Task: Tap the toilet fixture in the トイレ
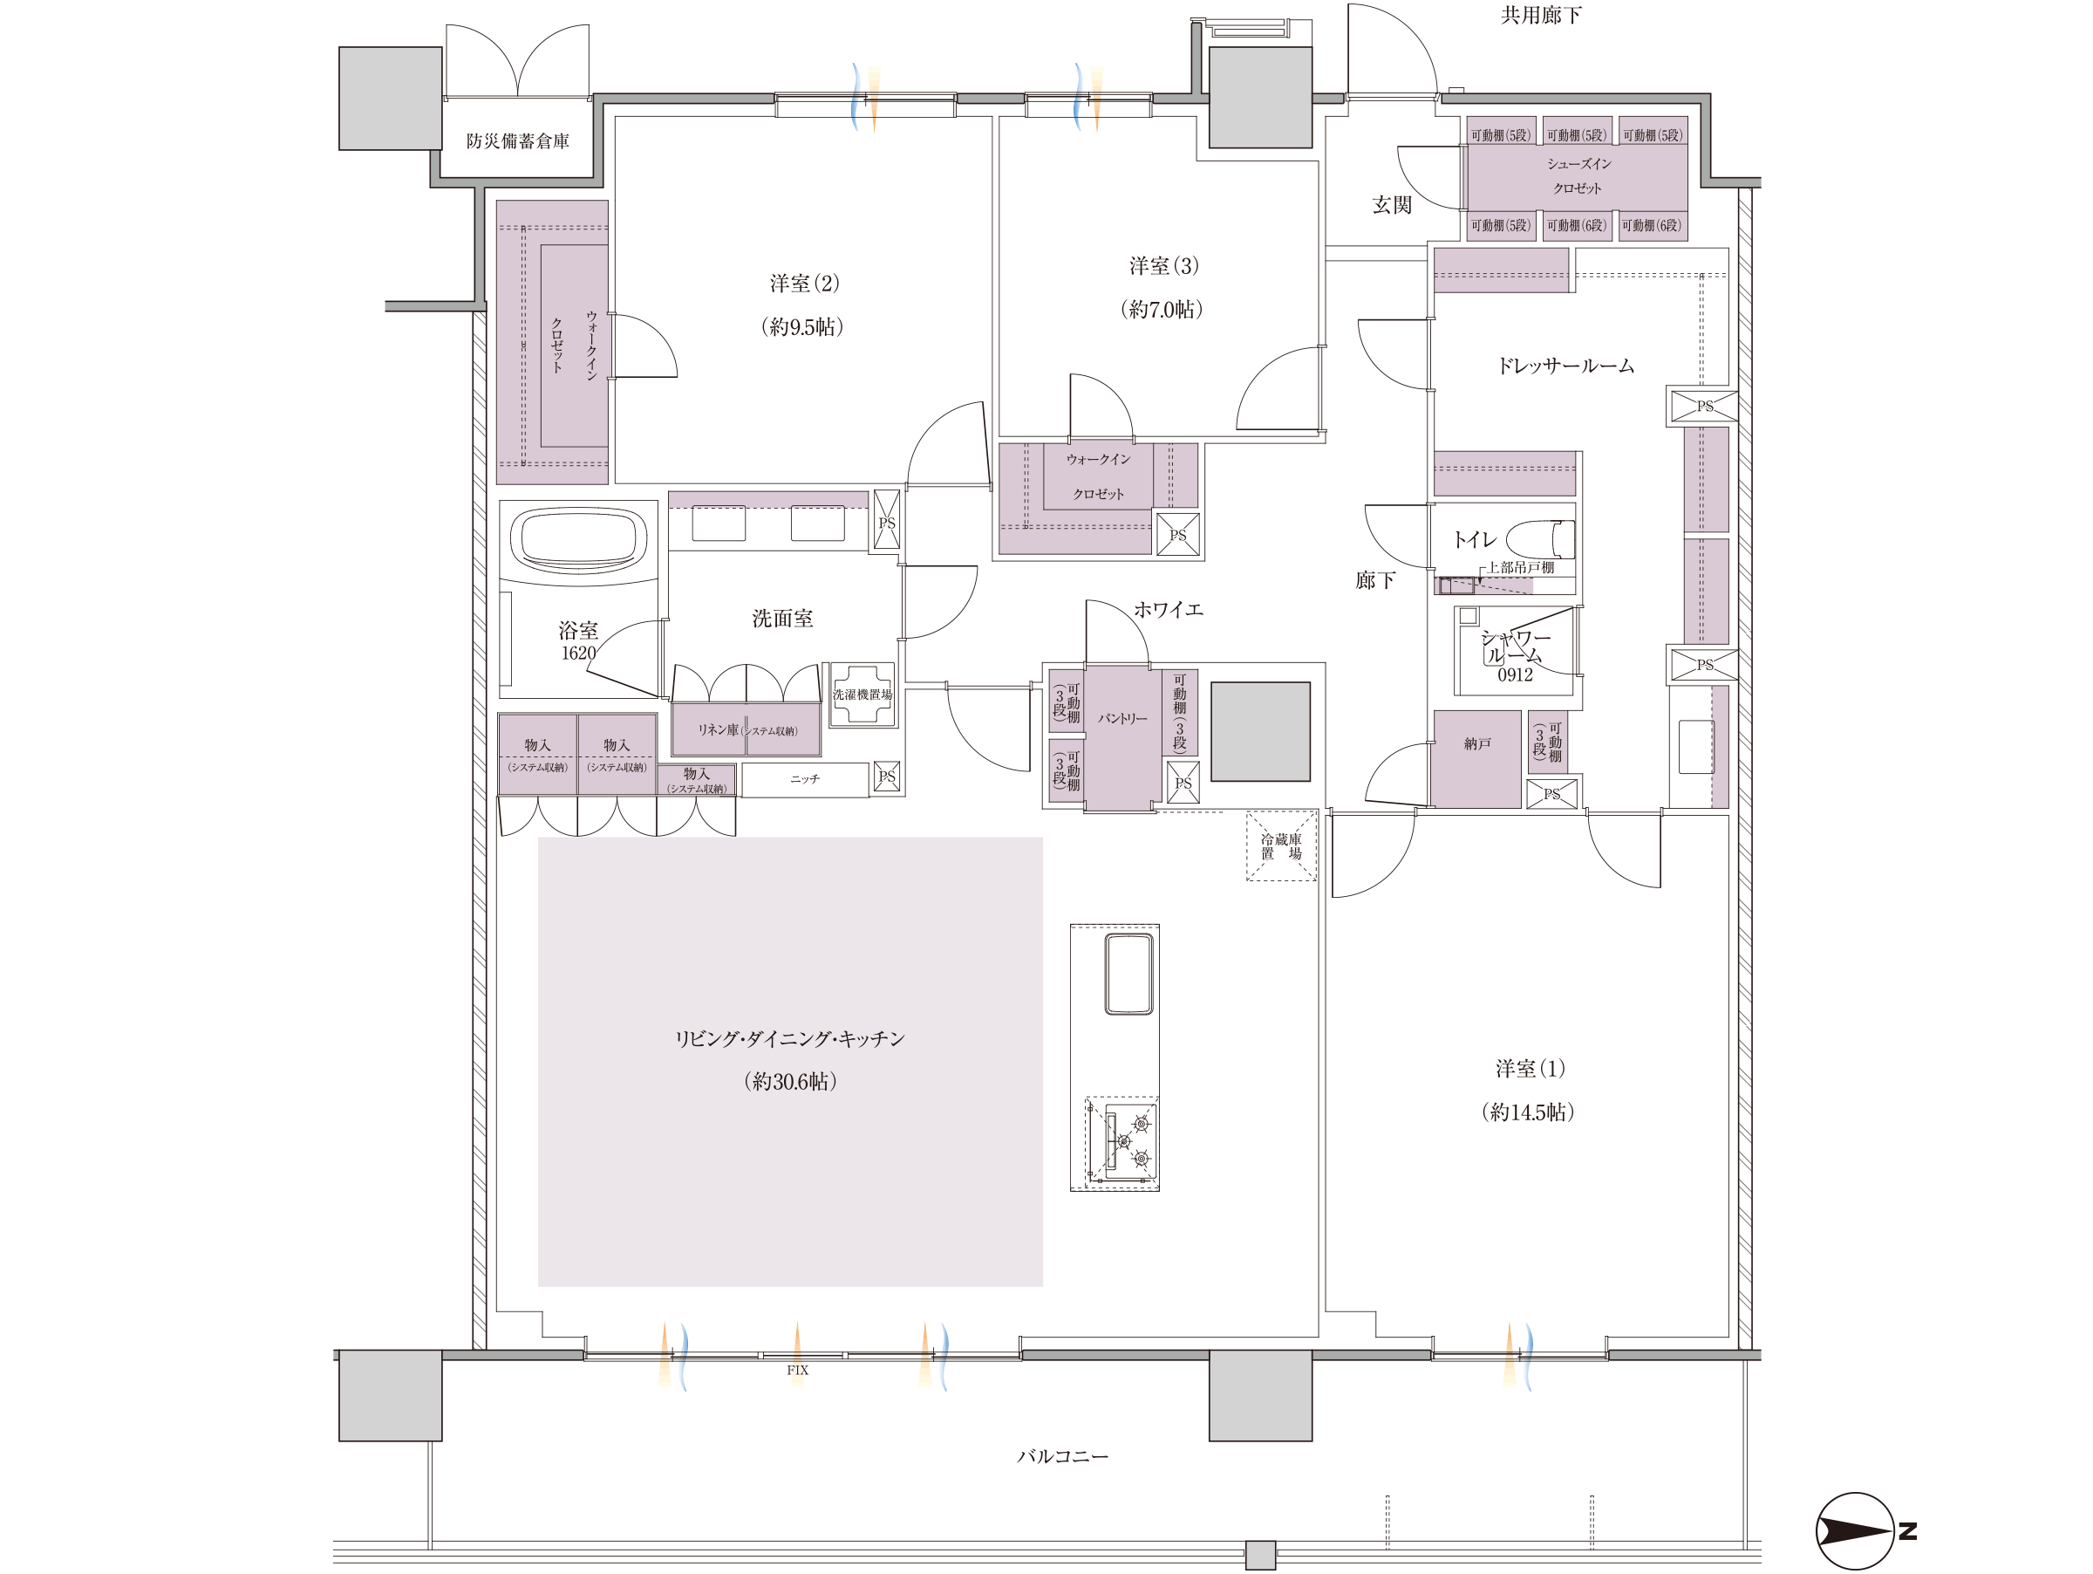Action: [1540, 538]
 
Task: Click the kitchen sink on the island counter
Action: [1128, 974]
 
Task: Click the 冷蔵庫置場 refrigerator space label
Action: [1281, 846]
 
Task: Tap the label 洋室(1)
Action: [1530, 1069]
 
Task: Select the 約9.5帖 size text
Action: [802, 326]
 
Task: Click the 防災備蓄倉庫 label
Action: [517, 141]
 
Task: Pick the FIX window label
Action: [798, 1370]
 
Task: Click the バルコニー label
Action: [1062, 1455]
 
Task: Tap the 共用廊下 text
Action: [1540, 15]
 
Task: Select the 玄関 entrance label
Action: [1392, 204]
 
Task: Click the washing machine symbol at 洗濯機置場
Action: [862, 694]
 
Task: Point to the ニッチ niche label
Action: [805, 779]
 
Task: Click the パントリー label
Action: [1122, 718]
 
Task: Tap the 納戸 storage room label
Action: [1477, 744]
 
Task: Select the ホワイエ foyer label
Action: [1169, 610]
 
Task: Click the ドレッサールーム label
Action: [1565, 366]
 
